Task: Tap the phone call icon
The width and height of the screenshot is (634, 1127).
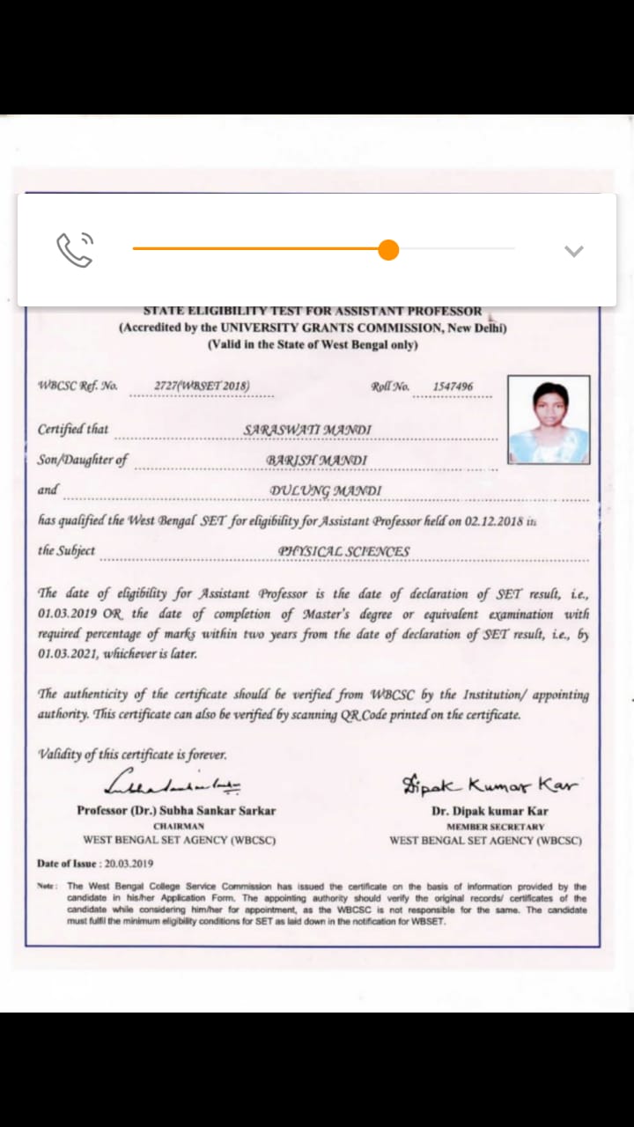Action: (x=75, y=250)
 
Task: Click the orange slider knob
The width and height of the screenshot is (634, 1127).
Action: (x=388, y=250)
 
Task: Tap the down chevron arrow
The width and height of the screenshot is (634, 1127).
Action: (x=573, y=251)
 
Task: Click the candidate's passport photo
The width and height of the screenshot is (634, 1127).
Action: (x=549, y=419)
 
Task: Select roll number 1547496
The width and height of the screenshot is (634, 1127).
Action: (x=453, y=387)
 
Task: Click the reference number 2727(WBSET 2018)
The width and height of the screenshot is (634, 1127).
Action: (x=202, y=386)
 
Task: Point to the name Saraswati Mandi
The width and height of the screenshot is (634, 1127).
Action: (x=307, y=430)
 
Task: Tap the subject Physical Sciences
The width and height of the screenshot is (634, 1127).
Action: (x=343, y=551)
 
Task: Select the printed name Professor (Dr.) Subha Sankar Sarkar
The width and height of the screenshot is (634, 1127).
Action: (x=176, y=810)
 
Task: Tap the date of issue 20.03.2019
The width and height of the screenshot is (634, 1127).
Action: (x=129, y=864)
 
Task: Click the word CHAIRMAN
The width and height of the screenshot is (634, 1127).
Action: (x=179, y=827)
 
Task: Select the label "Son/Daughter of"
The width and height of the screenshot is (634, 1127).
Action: (x=83, y=460)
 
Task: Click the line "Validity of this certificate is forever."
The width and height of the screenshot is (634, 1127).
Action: (x=132, y=755)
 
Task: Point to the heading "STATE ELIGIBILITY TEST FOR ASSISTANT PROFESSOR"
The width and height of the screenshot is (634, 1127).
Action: (x=313, y=311)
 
